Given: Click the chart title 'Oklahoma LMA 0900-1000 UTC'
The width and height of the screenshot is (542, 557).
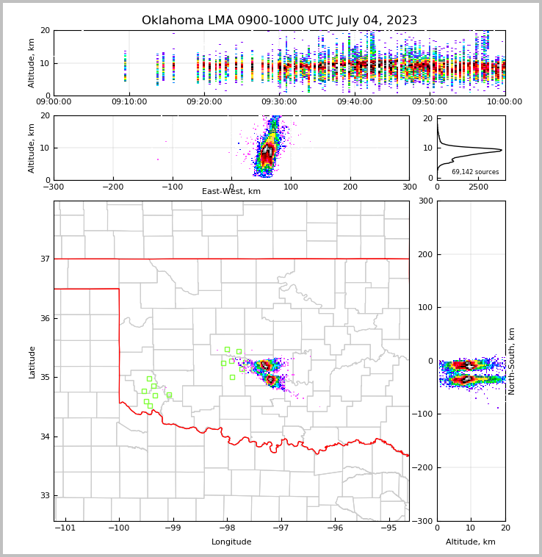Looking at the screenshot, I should click(279, 21).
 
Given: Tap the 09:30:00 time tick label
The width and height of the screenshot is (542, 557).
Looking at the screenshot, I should click(280, 102).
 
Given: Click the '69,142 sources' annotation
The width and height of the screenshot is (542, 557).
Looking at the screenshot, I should click(475, 172).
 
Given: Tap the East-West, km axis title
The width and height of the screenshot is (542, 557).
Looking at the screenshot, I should click(231, 192).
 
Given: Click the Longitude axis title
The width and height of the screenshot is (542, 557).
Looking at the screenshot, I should click(231, 542).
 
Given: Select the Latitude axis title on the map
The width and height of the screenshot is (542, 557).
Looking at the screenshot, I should click(32, 362).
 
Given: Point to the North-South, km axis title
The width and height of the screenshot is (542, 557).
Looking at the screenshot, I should click(513, 361).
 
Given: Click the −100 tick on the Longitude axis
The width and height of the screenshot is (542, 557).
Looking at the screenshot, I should click(119, 528).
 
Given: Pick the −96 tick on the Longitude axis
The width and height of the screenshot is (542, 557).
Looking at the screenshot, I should click(335, 528).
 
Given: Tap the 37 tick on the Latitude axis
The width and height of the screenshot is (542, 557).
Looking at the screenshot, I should click(44, 259).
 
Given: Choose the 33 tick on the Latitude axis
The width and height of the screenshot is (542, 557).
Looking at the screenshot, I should click(44, 496).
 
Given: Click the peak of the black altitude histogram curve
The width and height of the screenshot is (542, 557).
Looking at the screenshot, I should click(502, 151).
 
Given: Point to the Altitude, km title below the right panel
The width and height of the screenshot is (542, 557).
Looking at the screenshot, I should click(471, 542).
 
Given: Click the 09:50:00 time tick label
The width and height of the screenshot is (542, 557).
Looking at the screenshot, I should click(430, 102).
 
